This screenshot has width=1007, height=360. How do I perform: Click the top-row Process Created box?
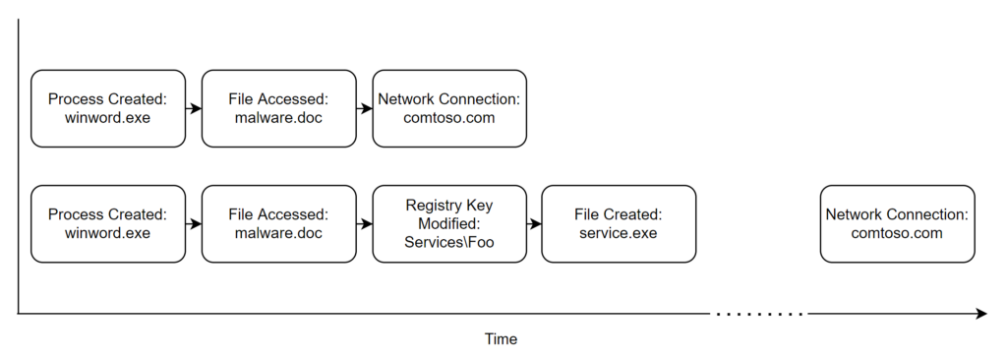pyautogui.click(x=107, y=108)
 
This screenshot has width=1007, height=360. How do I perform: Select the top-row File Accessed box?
pyautogui.click(x=278, y=108)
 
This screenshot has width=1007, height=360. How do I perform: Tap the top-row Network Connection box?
pyautogui.click(x=449, y=108)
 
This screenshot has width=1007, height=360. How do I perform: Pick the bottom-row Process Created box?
pyautogui.click(x=107, y=223)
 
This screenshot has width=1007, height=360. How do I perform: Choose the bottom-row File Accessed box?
pyautogui.click(x=278, y=223)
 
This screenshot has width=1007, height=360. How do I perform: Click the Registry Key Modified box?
pyautogui.click(x=449, y=223)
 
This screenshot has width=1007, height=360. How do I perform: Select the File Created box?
pyautogui.click(x=619, y=223)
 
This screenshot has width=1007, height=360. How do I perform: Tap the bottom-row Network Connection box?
pyautogui.click(x=897, y=223)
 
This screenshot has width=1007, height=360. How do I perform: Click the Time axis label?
pyautogui.click(x=501, y=339)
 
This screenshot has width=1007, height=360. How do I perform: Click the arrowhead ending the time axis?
pyautogui.click(x=980, y=314)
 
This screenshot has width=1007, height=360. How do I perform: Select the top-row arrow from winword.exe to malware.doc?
pyautogui.click(x=194, y=108)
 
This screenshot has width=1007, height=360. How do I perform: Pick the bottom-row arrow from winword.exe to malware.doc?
pyautogui.click(x=194, y=223)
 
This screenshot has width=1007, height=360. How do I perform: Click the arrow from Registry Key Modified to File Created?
pyautogui.click(x=534, y=223)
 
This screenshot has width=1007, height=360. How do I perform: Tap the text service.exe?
pyautogui.click(x=619, y=233)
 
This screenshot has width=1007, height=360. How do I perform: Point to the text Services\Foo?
pyautogui.click(x=449, y=243)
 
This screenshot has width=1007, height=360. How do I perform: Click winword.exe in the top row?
pyautogui.click(x=107, y=118)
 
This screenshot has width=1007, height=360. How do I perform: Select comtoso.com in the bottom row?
pyautogui.click(x=897, y=233)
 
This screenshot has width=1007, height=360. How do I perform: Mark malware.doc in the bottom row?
pyautogui.click(x=278, y=233)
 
